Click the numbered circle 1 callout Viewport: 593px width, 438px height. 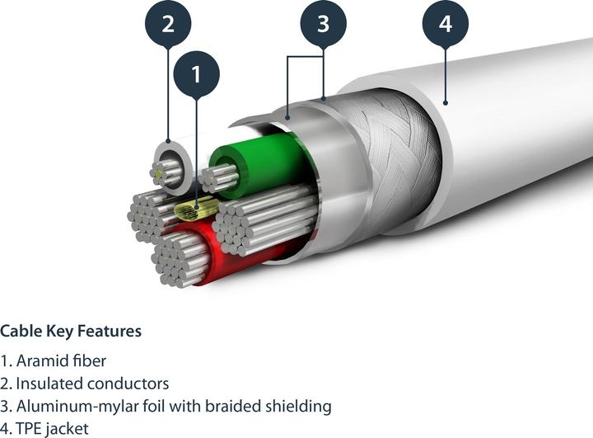pyautogui.click(x=196, y=74)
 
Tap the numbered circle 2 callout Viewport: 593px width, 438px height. pyautogui.click(x=168, y=23)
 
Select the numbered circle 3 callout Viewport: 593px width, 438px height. pyautogui.click(x=324, y=23)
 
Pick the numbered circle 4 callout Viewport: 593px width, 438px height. pyautogui.click(x=446, y=23)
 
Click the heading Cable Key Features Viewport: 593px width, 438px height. pyautogui.click(x=71, y=331)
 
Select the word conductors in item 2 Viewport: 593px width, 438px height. pyautogui.click(x=128, y=384)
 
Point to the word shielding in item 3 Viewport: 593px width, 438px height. pyautogui.click(x=298, y=407)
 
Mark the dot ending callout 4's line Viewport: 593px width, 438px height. pyautogui.click(x=446, y=102)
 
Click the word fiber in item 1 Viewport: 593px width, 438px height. pyautogui.click(x=89, y=360)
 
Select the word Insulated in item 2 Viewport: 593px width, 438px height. pyautogui.click(x=49, y=384)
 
